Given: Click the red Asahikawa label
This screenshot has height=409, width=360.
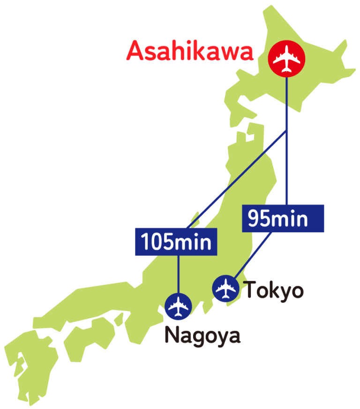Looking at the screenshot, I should (189, 51).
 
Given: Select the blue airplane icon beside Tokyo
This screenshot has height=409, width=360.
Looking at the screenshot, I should (227, 289).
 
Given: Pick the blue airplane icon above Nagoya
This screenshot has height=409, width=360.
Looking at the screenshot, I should (179, 307).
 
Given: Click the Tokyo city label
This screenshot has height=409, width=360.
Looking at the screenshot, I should (274, 290).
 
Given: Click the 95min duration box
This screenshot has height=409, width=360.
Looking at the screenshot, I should (283, 218).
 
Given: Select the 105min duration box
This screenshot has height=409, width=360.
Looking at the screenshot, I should (176, 242).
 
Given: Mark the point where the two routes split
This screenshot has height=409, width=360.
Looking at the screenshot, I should (286, 133).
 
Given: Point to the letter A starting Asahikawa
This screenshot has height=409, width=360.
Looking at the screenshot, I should (135, 51).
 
